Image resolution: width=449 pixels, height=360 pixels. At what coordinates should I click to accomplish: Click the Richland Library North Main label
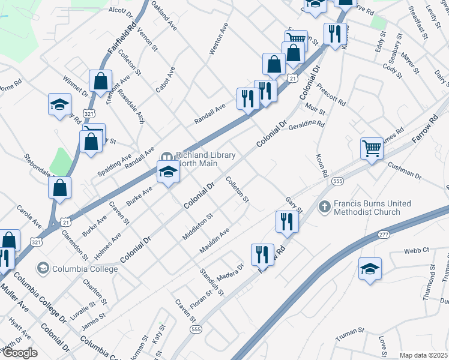[205, 158]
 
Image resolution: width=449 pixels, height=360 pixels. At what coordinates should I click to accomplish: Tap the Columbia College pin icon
[43, 267]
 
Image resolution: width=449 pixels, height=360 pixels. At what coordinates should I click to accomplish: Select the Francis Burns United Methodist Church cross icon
[324, 206]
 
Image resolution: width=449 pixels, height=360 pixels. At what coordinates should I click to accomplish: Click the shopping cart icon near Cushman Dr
[372, 147]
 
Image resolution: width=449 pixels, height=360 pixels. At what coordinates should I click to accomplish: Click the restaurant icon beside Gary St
[287, 221]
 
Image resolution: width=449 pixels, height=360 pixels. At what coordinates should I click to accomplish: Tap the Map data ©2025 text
[423, 355]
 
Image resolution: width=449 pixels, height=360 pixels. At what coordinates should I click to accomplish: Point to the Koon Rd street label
[321, 165]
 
